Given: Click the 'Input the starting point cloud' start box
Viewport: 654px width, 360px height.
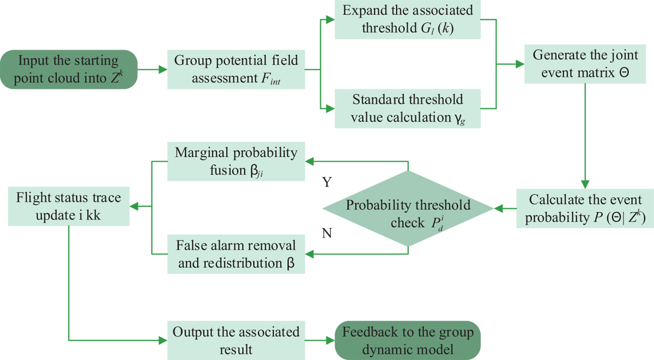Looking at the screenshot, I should [x=68, y=69].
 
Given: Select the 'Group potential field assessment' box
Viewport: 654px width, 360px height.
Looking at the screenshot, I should [x=236, y=69].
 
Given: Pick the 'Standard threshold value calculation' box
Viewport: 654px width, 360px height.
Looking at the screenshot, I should [x=407, y=108].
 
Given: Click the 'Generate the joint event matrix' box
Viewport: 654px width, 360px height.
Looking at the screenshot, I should [x=585, y=64].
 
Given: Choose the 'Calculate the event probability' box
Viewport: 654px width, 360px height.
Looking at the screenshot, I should [x=585, y=208].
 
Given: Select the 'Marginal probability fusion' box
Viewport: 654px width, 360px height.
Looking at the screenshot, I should [x=236, y=161].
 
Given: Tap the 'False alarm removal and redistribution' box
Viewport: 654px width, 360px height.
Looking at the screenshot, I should [x=236, y=254].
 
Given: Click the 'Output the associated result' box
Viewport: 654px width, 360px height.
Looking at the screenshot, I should [x=236, y=340].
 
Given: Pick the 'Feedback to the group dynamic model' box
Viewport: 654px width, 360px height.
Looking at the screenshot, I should [x=407, y=340].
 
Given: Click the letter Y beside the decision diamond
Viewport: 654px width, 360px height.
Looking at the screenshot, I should [x=328, y=182].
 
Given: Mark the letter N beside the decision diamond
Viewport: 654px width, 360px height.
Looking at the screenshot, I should [x=328, y=234].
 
